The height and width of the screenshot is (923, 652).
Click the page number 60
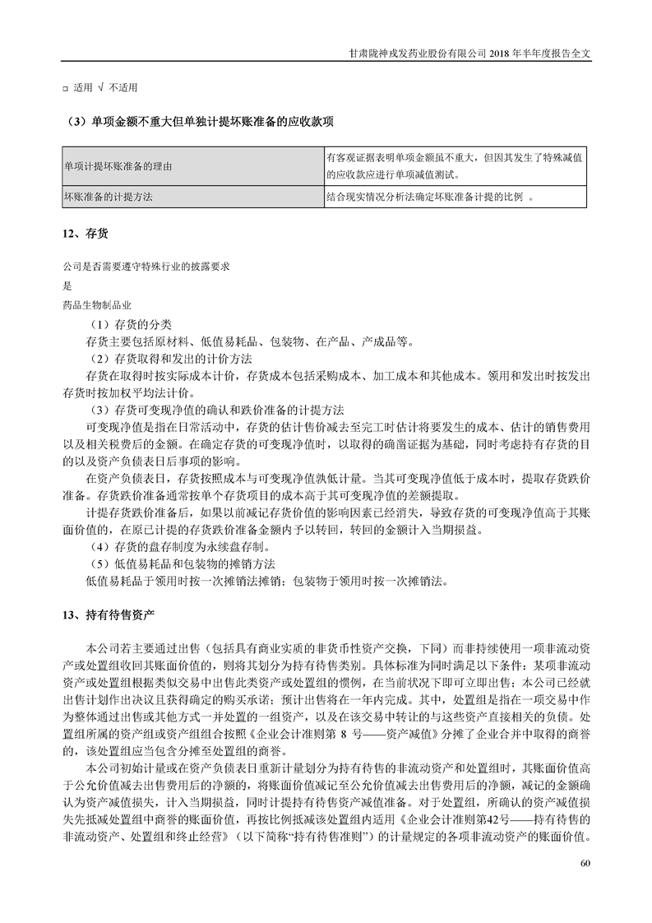[x=585, y=863]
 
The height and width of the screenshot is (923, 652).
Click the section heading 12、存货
[x=85, y=234]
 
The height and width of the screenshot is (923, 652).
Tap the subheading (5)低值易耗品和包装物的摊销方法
[x=182, y=564]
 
